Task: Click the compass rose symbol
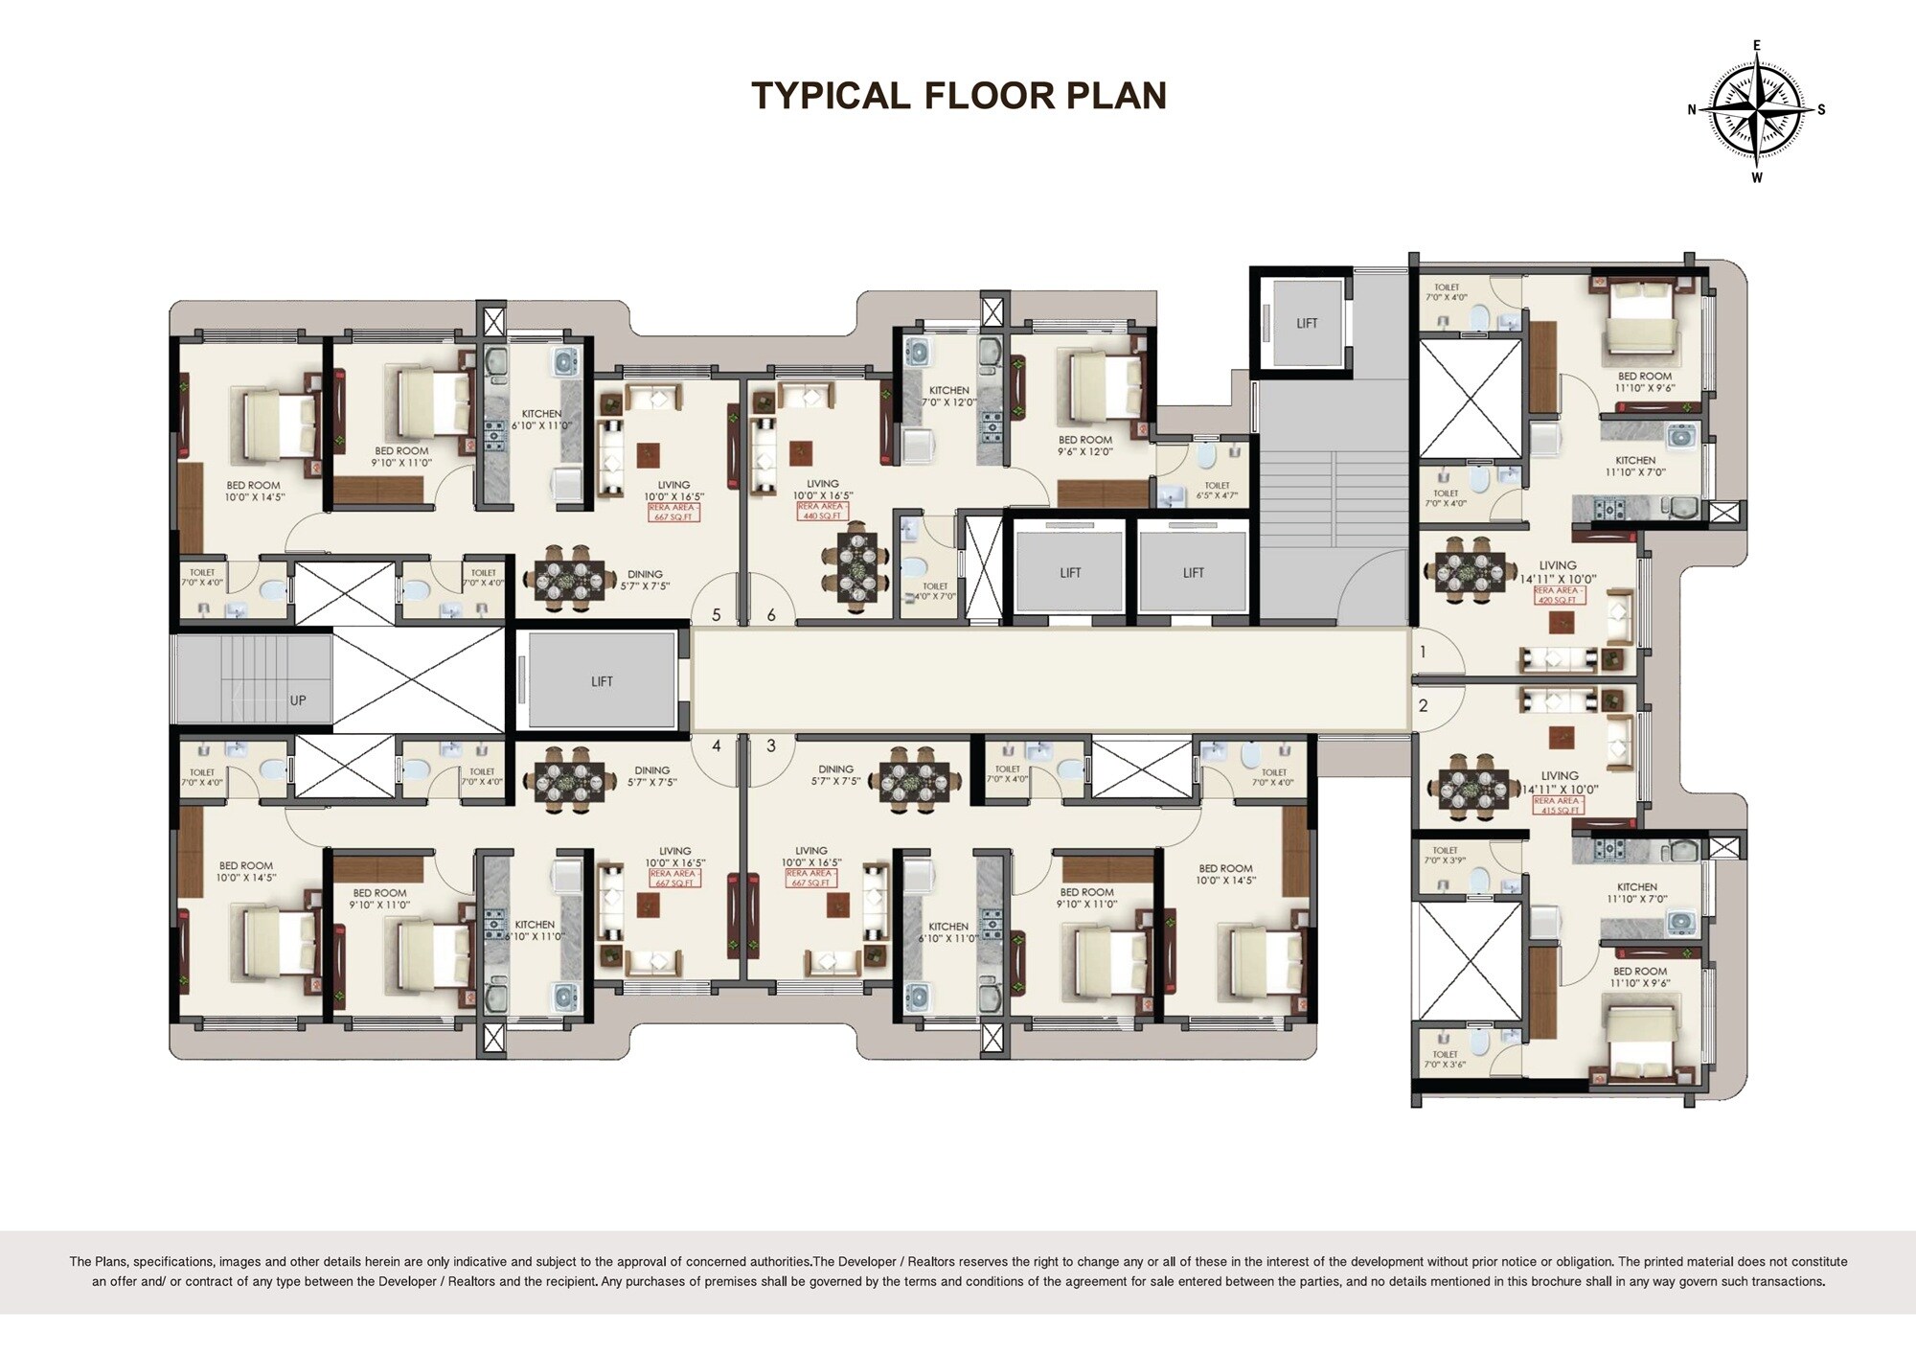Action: click(x=1756, y=110)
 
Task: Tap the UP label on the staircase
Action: click(x=298, y=700)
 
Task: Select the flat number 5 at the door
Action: click(x=716, y=615)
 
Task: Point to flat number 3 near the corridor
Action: click(x=771, y=745)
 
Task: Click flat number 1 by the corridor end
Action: click(x=1423, y=653)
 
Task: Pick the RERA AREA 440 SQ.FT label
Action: click(x=822, y=511)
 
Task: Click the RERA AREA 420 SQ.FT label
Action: click(x=1558, y=595)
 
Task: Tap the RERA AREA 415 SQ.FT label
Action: click(x=1558, y=805)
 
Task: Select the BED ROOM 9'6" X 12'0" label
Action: click(x=1085, y=446)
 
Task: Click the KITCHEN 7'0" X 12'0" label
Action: click(x=948, y=397)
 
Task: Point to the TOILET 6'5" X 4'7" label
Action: click(x=1217, y=491)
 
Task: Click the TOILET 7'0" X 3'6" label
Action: click(x=1445, y=1059)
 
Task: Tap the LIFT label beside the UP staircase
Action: click(x=602, y=681)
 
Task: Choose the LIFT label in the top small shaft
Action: click(x=1307, y=323)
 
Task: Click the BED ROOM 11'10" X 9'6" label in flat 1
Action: click(x=1644, y=382)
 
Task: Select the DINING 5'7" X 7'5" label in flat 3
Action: click(x=835, y=775)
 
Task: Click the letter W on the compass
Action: click(x=1757, y=177)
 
